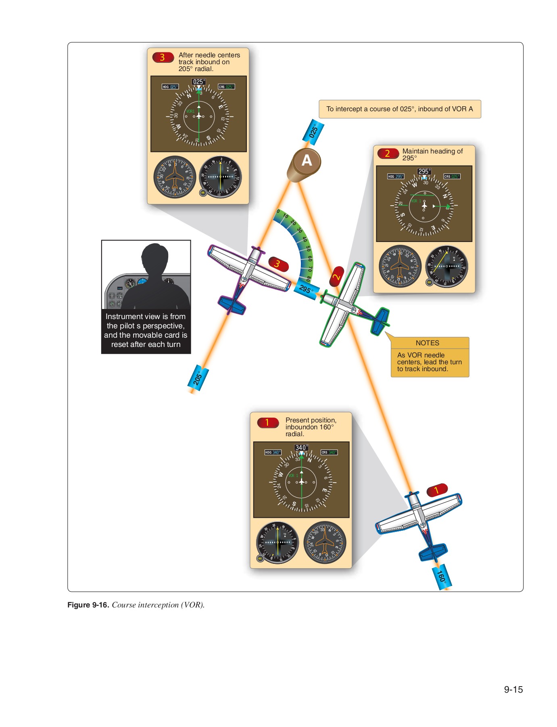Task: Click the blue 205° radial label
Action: click(198, 378)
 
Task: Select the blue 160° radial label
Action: click(442, 576)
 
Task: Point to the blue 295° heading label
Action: click(307, 290)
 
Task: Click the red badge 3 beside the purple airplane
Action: click(278, 264)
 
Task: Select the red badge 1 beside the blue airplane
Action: click(437, 490)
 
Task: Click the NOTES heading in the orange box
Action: click(427, 343)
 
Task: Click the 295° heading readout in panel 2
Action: click(424, 171)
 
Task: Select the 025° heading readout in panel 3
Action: click(198, 82)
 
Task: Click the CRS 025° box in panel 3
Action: click(226, 87)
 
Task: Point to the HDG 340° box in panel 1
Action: click(273, 452)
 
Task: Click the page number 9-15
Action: click(513, 689)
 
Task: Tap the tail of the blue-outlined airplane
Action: click(433, 551)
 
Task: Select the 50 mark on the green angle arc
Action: click(308, 248)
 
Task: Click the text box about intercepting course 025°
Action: click(400, 109)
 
